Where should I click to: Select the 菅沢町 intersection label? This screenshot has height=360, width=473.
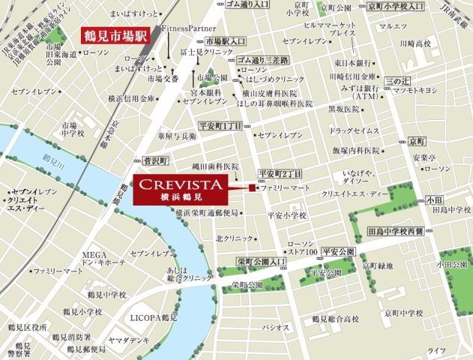[153, 161]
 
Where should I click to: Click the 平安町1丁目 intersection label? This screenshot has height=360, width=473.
[220, 126]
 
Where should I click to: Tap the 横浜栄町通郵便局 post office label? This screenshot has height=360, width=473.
[206, 214]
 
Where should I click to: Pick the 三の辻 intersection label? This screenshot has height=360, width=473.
[397, 79]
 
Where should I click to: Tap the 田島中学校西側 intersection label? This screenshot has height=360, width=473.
[403, 231]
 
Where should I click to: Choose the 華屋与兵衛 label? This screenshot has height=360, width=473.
[178, 137]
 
